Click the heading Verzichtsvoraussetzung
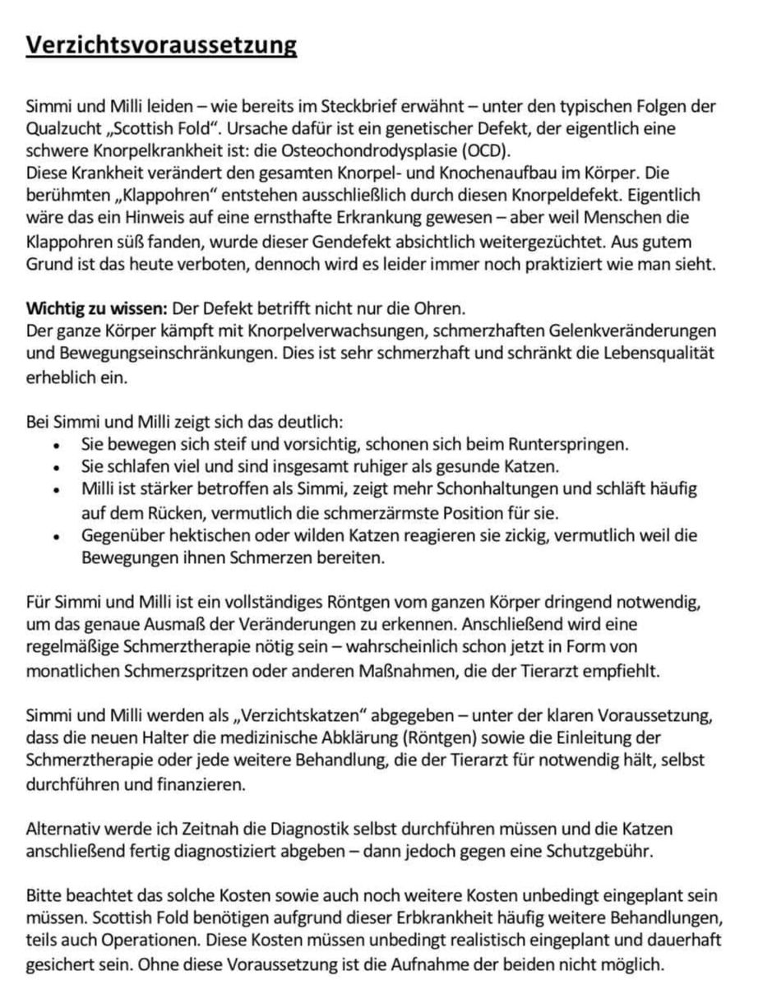[161, 44]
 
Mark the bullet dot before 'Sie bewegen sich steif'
[54, 446]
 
